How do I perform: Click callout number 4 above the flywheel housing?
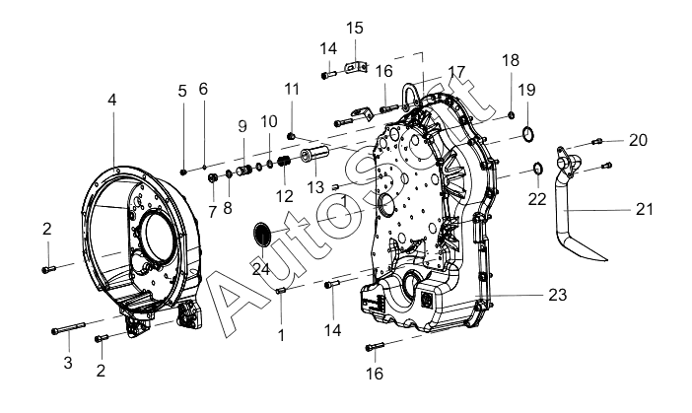click(x=112, y=100)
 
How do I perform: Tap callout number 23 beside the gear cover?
click(x=557, y=295)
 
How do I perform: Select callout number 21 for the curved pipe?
click(x=645, y=209)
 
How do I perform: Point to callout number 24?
click(x=260, y=268)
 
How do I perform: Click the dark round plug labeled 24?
click(x=262, y=234)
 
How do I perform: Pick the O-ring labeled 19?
click(x=528, y=133)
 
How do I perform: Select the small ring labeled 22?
click(x=538, y=169)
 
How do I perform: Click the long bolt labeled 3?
click(x=68, y=328)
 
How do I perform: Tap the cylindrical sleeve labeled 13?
click(x=315, y=156)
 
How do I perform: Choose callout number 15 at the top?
click(x=355, y=28)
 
